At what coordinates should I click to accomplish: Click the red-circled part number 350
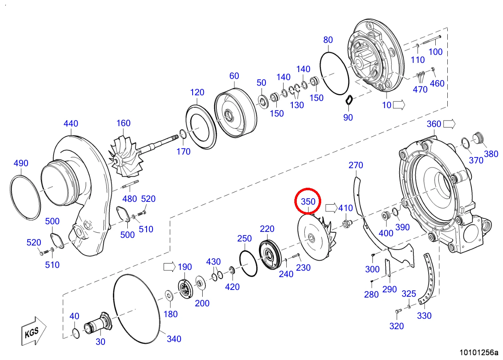(x=308, y=201)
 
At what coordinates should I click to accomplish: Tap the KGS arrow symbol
(x=34, y=331)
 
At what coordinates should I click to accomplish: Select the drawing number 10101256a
(x=479, y=352)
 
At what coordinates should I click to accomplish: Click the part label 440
(x=71, y=123)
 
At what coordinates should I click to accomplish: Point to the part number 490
(x=21, y=163)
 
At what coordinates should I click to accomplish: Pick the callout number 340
(x=174, y=339)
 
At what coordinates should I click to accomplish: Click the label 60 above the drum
(x=234, y=76)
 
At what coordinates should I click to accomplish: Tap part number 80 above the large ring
(x=328, y=40)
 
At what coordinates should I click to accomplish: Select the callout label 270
(x=356, y=165)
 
